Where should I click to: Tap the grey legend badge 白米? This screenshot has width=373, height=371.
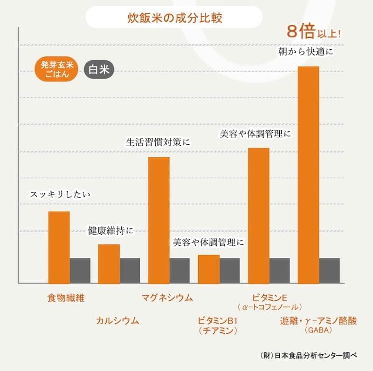click(x=98, y=70)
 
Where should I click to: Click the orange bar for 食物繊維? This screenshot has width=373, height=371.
click(x=59, y=247)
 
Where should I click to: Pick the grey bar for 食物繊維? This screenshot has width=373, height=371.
click(x=80, y=270)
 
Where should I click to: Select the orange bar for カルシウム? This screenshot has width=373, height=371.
click(x=109, y=263)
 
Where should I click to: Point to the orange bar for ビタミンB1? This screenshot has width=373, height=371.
click(x=208, y=269)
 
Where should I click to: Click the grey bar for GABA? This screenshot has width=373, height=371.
click(x=329, y=270)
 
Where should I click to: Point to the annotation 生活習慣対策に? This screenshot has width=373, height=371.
click(x=159, y=142)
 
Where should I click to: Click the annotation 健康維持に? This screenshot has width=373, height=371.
click(x=110, y=230)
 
